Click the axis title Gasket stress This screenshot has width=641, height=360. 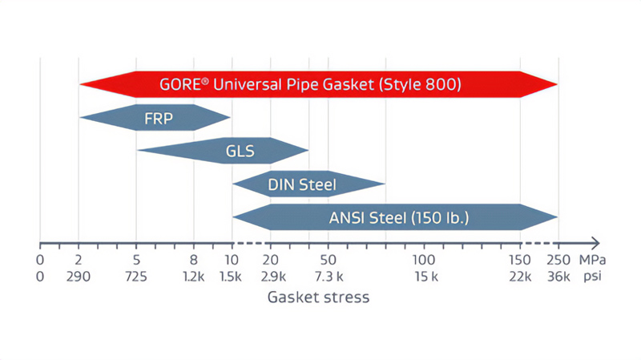[x=318, y=297]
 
